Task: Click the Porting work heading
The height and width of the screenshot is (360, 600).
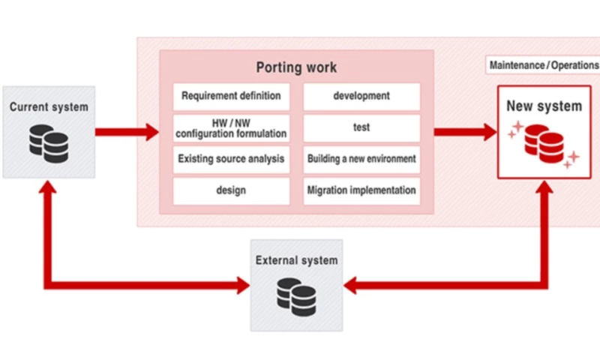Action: (x=296, y=67)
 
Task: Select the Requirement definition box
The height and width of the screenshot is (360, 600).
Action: (x=231, y=96)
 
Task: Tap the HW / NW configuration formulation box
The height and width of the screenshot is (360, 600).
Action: (x=231, y=128)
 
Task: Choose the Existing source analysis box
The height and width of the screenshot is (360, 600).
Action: (x=231, y=159)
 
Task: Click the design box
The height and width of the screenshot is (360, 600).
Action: (x=231, y=190)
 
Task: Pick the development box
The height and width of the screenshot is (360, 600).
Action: (x=361, y=96)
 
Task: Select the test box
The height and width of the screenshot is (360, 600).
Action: (x=361, y=128)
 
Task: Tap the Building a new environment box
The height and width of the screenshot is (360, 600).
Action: (x=361, y=159)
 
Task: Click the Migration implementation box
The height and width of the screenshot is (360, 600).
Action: (x=361, y=190)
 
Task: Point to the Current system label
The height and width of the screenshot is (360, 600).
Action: (x=49, y=107)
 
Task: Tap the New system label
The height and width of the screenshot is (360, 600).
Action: (x=544, y=106)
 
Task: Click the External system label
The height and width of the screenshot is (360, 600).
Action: (x=296, y=261)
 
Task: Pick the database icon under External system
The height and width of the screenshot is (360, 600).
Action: (x=296, y=296)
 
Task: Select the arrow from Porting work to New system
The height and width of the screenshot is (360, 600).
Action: (x=465, y=133)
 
